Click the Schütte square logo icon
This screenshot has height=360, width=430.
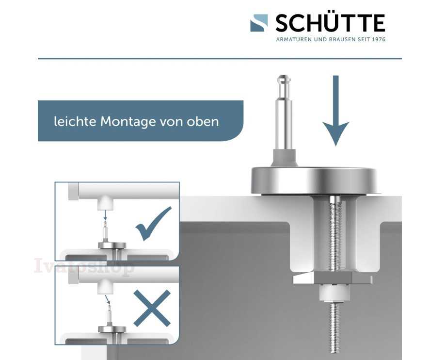click(259, 23)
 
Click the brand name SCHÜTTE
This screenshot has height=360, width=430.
click(330, 23)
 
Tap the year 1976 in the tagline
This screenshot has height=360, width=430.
click(379, 39)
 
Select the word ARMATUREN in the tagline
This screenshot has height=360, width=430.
click(294, 39)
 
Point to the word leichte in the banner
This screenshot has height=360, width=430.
click(75, 121)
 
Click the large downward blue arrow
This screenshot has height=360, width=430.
click(335, 111)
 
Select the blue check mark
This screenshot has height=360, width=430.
click(154, 224)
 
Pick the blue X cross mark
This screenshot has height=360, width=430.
click(152, 308)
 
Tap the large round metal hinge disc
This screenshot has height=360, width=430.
click(314, 180)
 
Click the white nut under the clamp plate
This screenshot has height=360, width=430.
click(334, 293)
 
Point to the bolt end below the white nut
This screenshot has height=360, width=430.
click(334, 328)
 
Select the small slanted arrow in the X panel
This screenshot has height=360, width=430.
click(108, 300)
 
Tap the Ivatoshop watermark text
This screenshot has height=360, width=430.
click(84, 266)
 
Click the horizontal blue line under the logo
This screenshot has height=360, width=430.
click(220, 58)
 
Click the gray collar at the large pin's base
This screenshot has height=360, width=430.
click(285, 158)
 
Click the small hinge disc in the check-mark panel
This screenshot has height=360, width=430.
click(112, 245)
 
